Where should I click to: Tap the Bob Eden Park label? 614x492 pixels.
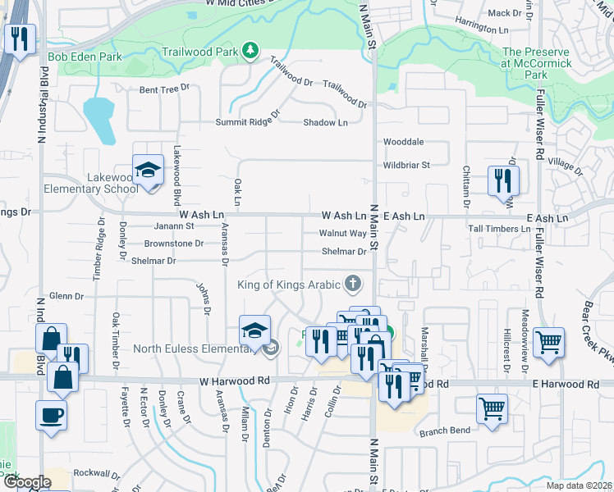(85, 57)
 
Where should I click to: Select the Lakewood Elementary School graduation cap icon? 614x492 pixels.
(148, 171)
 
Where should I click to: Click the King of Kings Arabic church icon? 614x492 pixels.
(353, 284)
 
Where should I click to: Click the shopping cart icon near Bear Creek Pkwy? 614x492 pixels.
(548, 342)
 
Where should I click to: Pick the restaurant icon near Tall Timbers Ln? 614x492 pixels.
(503, 181)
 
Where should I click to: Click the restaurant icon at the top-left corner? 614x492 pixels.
(18, 39)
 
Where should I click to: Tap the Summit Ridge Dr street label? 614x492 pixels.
(247, 122)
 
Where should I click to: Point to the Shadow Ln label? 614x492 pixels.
(325, 122)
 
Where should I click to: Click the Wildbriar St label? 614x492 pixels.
(406, 165)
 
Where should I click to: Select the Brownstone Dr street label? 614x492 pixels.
(173, 244)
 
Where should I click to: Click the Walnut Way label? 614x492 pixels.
(342, 233)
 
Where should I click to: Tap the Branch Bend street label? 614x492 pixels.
(444, 431)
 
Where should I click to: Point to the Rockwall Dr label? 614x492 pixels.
(97, 473)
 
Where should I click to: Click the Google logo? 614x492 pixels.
(26, 482)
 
